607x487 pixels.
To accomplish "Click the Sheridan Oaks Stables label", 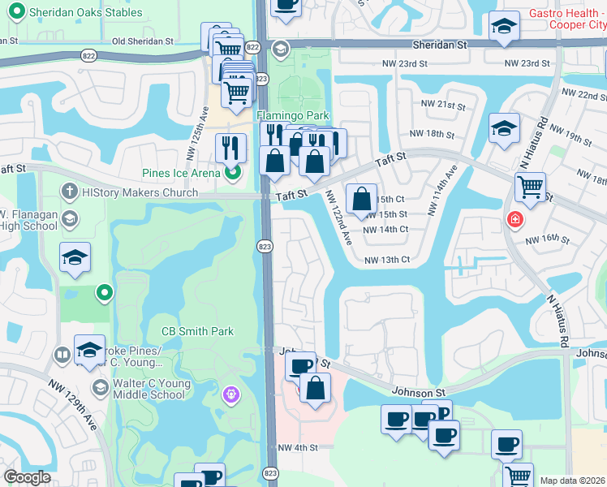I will [84, 13].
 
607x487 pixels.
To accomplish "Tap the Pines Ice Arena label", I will [181, 172].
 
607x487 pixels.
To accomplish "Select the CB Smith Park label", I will [198, 331].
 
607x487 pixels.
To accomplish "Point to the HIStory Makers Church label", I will [140, 192].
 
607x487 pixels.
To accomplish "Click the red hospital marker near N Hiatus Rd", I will [514, 218].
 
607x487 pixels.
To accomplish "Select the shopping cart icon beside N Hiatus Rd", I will [530, 187].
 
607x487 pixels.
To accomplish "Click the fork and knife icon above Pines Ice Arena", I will [230, 148].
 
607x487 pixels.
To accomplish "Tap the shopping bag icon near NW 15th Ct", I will [361, 199].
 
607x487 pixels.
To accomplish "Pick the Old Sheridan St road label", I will [143, 41].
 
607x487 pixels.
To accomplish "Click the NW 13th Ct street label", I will [388, 260].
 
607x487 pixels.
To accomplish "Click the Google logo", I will [27, 477].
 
